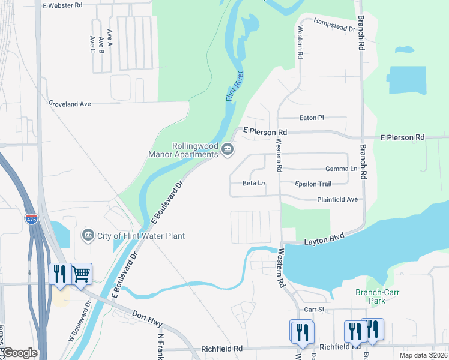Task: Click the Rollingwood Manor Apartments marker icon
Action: tap(227, 149)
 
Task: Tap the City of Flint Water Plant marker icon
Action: tap(88, 233)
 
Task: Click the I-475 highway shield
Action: tap(31, 219)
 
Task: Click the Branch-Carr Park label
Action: tap(378, 296)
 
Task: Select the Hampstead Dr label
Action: tap(334, 25)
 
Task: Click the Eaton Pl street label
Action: tap(312, 118)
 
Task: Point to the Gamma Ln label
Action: tap(341, 169)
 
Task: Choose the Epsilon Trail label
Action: tap(313, 184)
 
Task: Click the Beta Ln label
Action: tap(253, 183)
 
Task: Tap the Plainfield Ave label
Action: tap(338, 199)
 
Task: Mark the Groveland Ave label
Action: tap(70, 104)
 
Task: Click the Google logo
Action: tap(19, 353)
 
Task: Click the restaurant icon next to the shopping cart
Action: tap(60, 274)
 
